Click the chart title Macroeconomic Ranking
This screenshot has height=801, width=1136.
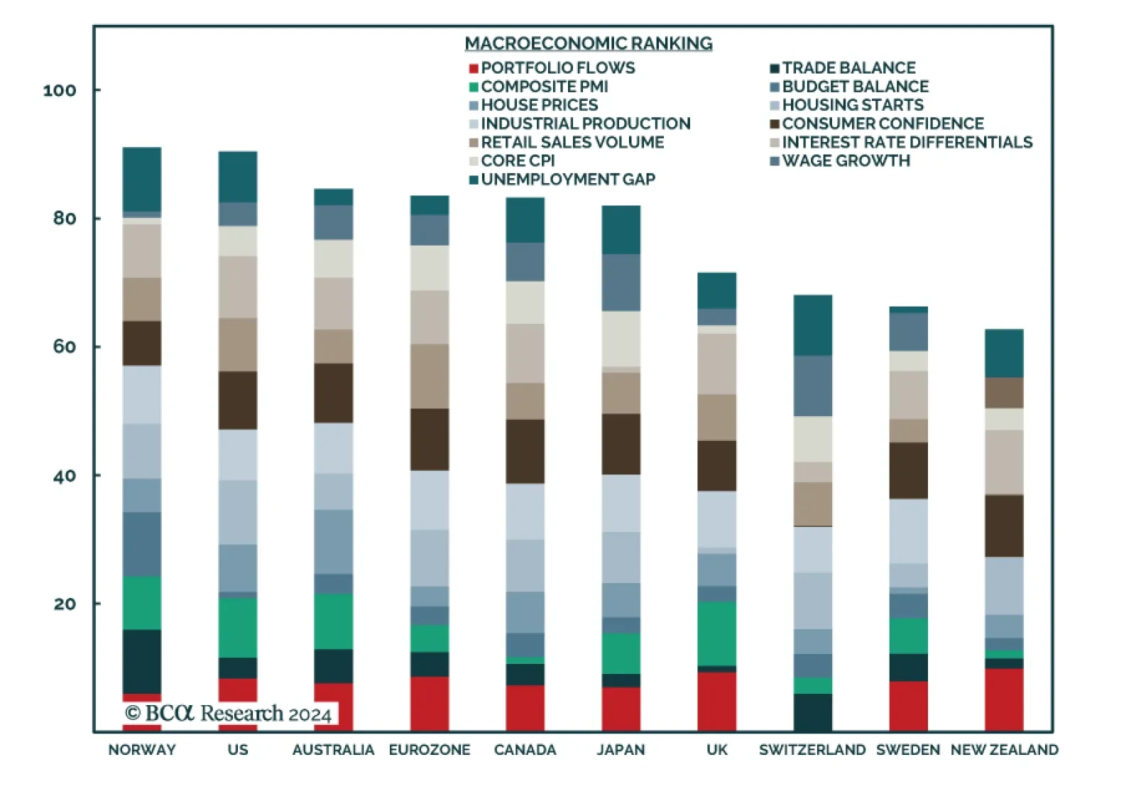pos(589,43)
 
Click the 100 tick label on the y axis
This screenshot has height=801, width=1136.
pos(60,91)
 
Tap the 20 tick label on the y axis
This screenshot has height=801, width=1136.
pos(65,604)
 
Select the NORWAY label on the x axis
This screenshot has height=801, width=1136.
pos(142,750)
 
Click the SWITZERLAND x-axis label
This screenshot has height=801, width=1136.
pos(812,750)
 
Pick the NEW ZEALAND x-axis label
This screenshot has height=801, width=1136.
pos(1004,750)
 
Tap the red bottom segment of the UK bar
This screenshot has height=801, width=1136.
pos(717,701)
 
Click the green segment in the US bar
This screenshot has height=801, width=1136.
pos(238,627)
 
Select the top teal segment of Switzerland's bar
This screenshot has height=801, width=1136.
pos(813,325)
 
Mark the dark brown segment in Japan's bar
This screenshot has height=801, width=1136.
pos(621,444)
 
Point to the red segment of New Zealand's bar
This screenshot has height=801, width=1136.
pos(1004,699)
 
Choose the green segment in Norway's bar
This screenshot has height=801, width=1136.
pos(142,603)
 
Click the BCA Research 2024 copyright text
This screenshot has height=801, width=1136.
pos(229,713)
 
